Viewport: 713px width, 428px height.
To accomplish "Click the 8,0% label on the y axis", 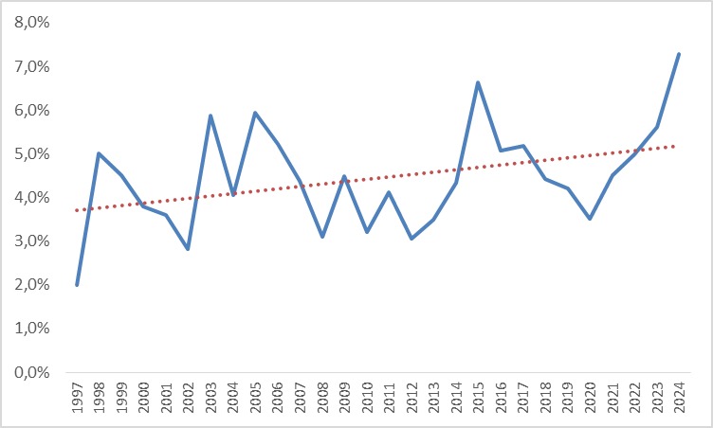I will click(32, 24).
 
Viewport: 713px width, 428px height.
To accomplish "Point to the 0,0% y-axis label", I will click(32, 372).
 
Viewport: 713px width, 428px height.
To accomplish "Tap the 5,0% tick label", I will click(32, 154).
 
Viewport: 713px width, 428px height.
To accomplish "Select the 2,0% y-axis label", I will click(32, 285).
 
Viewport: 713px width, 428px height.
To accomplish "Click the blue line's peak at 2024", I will click(679, 54).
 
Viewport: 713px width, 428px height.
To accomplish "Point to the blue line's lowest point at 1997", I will click(77, 284).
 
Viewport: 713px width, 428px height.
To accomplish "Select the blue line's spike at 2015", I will click(478, 82).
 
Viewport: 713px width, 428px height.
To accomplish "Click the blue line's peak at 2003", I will click(210, 116).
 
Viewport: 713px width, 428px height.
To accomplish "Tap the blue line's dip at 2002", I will click(188, 249).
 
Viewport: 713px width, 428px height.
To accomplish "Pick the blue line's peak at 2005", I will click(255, 113).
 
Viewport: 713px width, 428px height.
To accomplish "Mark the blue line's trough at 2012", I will click(411, 239).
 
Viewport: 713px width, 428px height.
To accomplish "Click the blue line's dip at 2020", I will click(590, 219).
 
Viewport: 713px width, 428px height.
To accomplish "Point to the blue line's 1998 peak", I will click(99, 153).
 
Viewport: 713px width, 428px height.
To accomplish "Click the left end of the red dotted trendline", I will click(77, 210).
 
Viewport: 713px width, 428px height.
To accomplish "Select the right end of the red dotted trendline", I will click(679, 146).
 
